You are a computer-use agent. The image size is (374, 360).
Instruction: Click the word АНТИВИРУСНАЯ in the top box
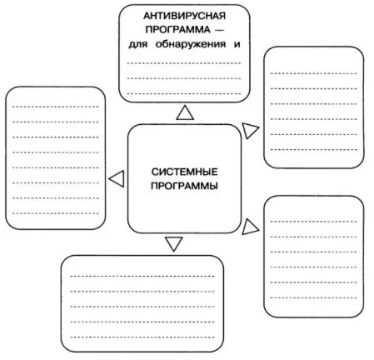pyautogui.click(x=184, y=16)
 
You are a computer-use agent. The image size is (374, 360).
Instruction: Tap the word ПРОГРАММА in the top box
pyautogui.click(x=177, y=29)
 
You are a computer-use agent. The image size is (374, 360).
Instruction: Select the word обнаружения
pyautogui.click(x=191, y=44)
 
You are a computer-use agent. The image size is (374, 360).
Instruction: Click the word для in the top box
pyautogui.click(x=138, y=45)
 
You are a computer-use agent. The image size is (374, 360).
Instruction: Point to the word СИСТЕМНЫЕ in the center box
pyautogui.click(x=184, y=172)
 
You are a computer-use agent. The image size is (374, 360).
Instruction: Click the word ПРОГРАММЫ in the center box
pyautogui.click(x=184, y=186)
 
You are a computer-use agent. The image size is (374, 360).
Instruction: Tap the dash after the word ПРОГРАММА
pyautogui.click(x=219, y=30)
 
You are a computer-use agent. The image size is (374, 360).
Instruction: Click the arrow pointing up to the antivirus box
pyautogui.click(x=185, y=112)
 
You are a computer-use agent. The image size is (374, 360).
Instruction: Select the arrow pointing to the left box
pyautogui.click(x=117, y=178)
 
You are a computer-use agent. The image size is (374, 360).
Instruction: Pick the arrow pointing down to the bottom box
pyautogui.click(x=174, y=244)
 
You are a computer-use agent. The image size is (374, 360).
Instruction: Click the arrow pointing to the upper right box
pyautogui.click(x=250, y=131)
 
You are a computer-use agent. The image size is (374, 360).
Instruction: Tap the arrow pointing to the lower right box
pyautogui.click(x=250, y=227)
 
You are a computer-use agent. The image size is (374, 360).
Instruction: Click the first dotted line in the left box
pyautogui.click(x=56, y=107)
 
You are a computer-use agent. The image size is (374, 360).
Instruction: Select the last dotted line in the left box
pyautogui.click(x=56, y=213)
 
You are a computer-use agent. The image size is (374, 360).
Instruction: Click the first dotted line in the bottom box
pyautogui.click(x=142, y=276)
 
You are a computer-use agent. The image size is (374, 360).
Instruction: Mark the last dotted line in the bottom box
pyautogui.click(x=142, y=337)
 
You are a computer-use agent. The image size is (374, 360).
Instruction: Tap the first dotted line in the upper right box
pyautogui.click(x=313, y=73)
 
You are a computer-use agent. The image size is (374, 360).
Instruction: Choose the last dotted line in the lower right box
pyautogui.click(x=313, y=297)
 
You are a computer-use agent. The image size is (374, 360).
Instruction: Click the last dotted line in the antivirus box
pyautogui.click(x=184, y=93)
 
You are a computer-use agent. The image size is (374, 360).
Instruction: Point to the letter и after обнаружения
pyautogui.click(x=237, y=44)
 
